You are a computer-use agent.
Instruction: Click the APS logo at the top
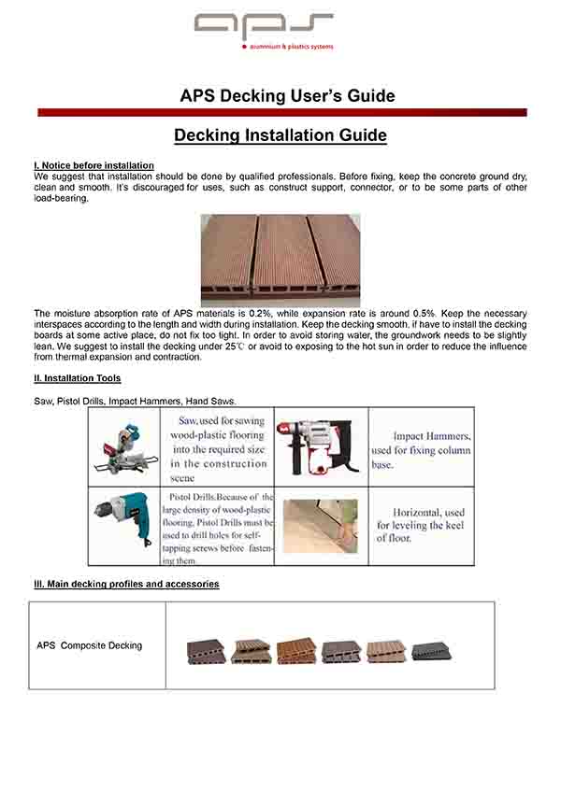[x=263, y=27]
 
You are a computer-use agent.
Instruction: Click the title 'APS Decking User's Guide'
[x=287, y=96]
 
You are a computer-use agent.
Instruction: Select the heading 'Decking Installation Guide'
[x=280, y=136]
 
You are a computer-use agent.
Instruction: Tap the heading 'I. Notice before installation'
[x=93, y=165]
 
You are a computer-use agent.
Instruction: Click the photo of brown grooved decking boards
[x=280, y=259]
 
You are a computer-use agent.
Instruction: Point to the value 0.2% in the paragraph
[x=260, y=313]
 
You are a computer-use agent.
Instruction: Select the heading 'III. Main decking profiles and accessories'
[x=126, y=585]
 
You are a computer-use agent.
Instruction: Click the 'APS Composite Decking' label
[x=90, y=645]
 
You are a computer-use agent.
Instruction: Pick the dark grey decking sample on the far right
[x=431, y=650]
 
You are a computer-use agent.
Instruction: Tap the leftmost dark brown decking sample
[x=205, y=651]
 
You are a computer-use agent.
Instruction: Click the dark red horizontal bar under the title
[x=281, y=112]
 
